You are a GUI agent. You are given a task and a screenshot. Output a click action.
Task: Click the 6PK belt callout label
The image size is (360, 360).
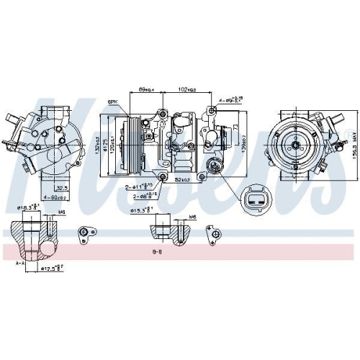pos(113,102)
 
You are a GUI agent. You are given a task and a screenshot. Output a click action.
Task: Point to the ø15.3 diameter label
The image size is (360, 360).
pos(141,210)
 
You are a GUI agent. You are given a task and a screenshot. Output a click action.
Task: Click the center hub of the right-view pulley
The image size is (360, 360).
pos(294,145)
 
